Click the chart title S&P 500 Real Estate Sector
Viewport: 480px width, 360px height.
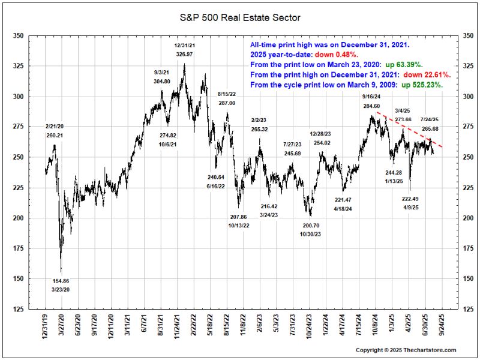click(240, 18)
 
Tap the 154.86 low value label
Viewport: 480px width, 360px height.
click(61, 281)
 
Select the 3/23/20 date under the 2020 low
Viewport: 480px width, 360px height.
click(61, 290)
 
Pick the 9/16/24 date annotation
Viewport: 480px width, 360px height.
click(371, 97)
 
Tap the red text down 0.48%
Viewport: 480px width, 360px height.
click(331, 54)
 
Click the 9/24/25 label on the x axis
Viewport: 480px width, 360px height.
click(442, 327)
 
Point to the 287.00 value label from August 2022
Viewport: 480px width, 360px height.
click(227, 103)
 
